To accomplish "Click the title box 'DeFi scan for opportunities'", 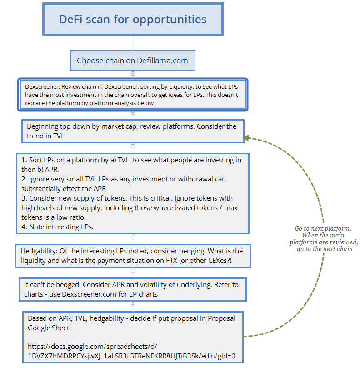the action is coord(133,19).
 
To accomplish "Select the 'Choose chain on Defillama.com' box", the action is coord(133,60).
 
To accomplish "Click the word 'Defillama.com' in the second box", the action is coord(162,60).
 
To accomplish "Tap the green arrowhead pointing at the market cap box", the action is coord(246,138).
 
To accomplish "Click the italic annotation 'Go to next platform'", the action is coord(323,228).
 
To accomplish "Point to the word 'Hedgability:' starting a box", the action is coord(39,251).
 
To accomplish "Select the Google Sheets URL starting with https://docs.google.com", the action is coord(131,351).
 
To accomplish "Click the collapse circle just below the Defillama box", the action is coord(133,73).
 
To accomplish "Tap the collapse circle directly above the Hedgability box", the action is coord(133,237).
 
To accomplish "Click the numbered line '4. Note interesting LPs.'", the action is coord(57,227).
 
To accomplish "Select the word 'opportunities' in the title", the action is coord(170,20).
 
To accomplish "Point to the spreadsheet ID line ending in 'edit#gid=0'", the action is coord(131,356).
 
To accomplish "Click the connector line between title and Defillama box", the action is coord(133,43).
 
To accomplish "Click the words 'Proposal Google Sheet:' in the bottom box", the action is coord(131,323).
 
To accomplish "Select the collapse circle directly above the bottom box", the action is coord(133,305).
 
